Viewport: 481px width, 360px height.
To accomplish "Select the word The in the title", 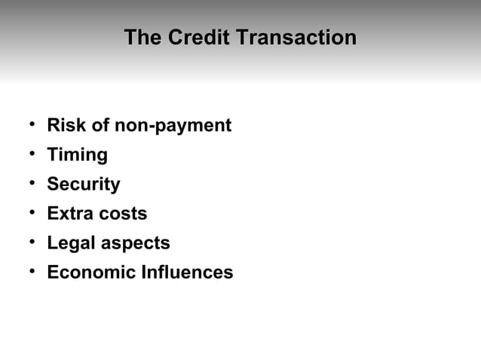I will click(143, 37).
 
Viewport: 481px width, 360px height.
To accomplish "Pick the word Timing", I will click(77, 155).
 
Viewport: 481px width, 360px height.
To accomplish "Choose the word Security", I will click(83, 185).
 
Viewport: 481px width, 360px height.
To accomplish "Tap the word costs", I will click(123, 214).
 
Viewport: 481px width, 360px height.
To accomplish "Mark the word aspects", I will click(136, 244).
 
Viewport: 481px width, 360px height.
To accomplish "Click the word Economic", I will click(91, 273).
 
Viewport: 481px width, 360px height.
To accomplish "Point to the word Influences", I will click(187, 273).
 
